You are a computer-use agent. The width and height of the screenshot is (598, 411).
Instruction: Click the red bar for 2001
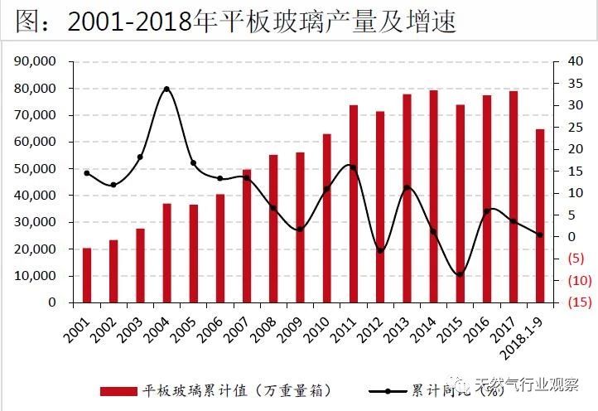point(87,275)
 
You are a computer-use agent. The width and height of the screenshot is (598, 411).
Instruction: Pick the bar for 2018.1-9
point(539,215)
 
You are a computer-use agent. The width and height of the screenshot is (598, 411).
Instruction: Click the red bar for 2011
point(353,204)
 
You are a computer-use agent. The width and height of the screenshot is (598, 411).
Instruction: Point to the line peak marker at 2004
point(166,89)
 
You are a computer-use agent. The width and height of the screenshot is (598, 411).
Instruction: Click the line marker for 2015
point(460,274)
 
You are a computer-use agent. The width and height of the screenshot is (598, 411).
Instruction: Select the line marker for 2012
point(380,250)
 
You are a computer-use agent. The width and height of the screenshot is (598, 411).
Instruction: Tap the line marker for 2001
point(87,172)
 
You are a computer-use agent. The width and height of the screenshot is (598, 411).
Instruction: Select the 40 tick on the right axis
point(566,61)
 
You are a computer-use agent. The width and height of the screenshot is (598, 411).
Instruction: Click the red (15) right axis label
point(569,302)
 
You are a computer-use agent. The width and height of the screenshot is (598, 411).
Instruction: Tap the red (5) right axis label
point(569,259)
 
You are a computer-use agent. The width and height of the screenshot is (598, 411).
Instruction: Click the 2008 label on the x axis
point(264,328)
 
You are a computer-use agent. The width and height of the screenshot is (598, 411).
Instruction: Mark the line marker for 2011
point(353,167)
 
